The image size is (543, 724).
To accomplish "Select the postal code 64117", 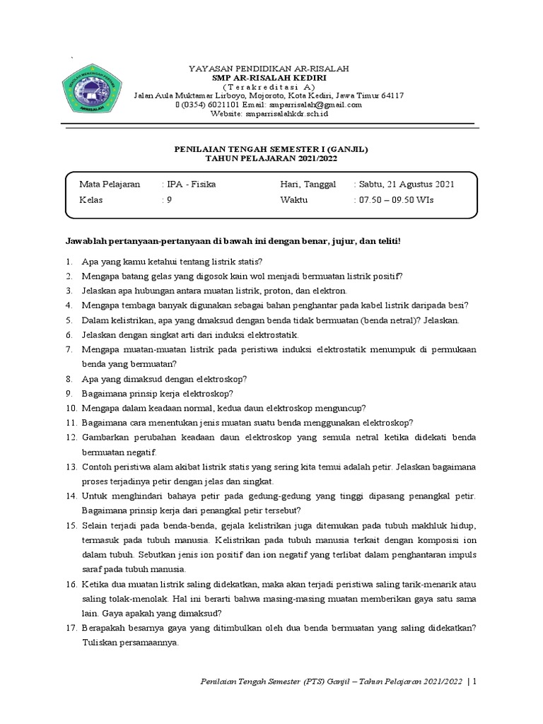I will click(390, 95).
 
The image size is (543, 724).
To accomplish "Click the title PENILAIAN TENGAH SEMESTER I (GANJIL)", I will click(271, 150).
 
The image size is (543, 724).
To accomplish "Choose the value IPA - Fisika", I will click(191, 185).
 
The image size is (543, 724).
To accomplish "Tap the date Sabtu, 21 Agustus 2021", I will click(406, 185).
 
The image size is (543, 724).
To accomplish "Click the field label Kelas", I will click(91, 200).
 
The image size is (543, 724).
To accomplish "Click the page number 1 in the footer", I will click(474, 682).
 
